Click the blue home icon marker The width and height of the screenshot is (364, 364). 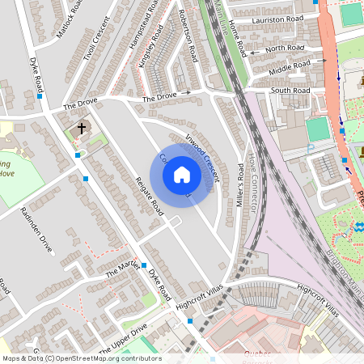tap(182, 175)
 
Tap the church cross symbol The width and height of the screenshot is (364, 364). tap(81, 128)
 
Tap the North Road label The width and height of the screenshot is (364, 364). tap(285, 49)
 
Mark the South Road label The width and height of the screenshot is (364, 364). tap(290, 91)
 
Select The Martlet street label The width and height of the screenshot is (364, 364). tap(123, 270)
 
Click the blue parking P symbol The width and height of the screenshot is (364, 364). tap(311, 148)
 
